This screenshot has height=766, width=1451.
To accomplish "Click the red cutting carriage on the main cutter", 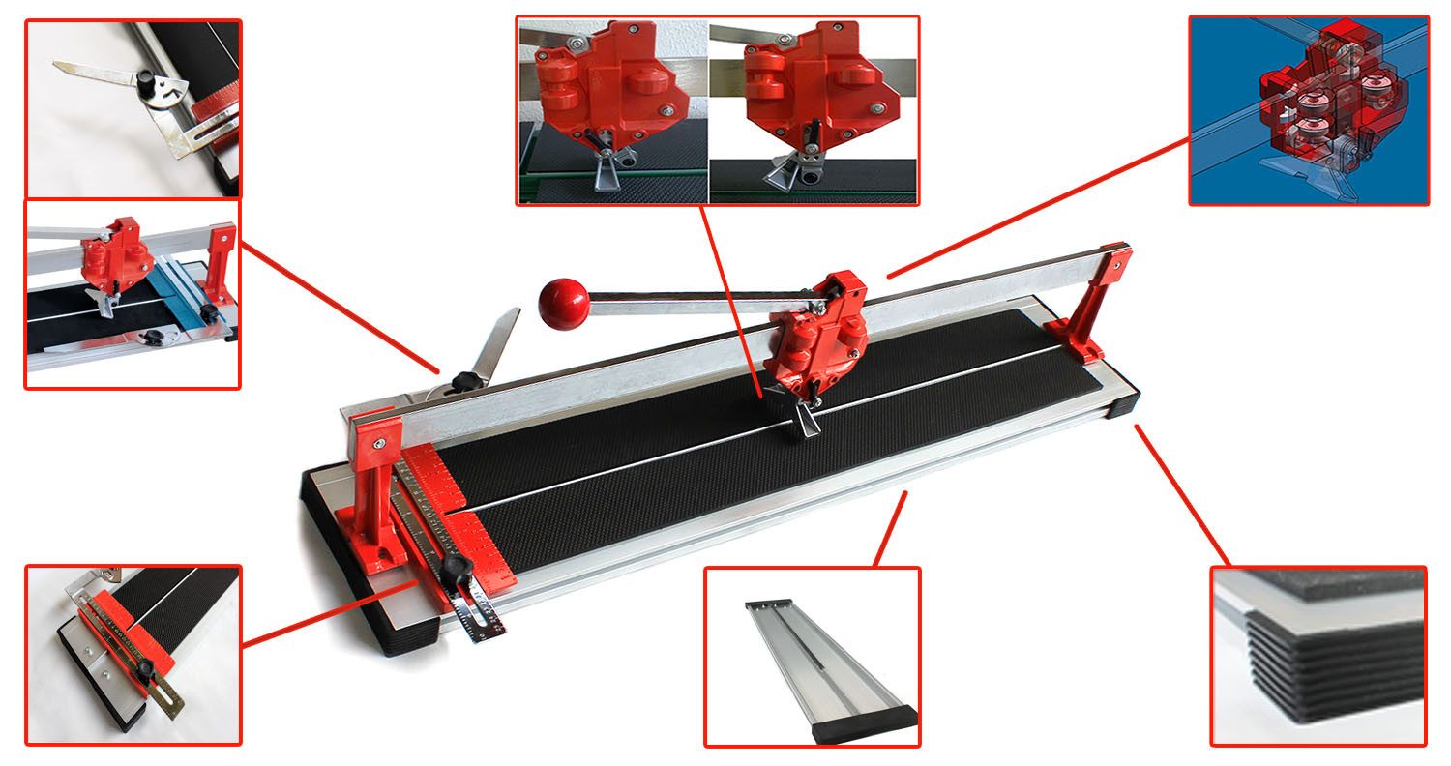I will point(818,334).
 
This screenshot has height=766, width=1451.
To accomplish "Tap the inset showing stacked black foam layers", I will point(1318,656).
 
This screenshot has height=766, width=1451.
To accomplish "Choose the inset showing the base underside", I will point(812,656).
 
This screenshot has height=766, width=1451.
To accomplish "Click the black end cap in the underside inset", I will point(867,722).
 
